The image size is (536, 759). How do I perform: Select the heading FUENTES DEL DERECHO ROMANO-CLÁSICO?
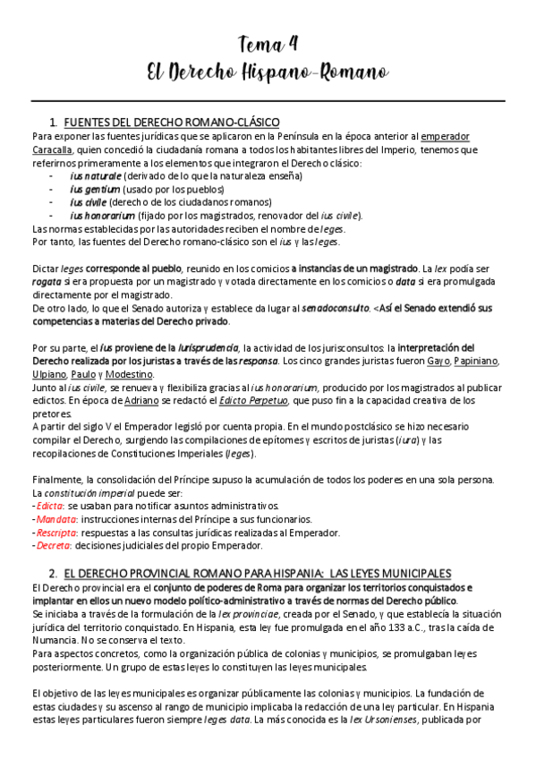point(172,122)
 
